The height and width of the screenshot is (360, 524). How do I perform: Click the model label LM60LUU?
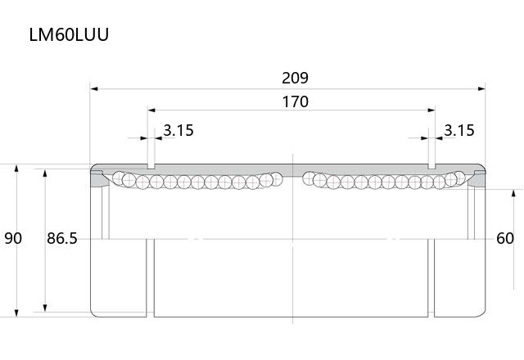coord(69,34)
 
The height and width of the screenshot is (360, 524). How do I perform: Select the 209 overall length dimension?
coord(295,79)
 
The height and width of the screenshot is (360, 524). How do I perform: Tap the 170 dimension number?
coord(295,101)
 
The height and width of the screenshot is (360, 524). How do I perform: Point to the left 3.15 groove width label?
coord(178,130)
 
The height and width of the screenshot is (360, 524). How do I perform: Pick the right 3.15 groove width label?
coord(459,130)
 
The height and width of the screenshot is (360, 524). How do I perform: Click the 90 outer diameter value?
coord(13,238)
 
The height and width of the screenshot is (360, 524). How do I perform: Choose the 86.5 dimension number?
coord(62,238)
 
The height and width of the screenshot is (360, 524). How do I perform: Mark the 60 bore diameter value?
coord(505,238)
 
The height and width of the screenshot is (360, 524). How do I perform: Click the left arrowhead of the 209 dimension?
coord(94,89)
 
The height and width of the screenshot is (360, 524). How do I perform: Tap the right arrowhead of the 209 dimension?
coord(481,89)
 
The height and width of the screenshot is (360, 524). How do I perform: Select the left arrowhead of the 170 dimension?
coord(151,110)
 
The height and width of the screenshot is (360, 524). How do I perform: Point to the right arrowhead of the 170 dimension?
coord(431,110)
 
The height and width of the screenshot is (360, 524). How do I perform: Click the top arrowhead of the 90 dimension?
coord(16,168)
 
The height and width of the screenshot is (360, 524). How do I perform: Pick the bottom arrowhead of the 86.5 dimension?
coord(45,308)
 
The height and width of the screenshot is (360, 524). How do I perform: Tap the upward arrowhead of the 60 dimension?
coord(513,193)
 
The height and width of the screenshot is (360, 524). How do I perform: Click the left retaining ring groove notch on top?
coord(151,166)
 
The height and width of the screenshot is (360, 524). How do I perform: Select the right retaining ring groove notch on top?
coord(431,166)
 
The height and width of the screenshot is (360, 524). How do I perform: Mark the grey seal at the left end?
coord(99,179)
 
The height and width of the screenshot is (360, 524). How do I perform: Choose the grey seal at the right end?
coord(477,179)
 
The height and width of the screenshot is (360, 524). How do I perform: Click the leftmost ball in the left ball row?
coord(119,178)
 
